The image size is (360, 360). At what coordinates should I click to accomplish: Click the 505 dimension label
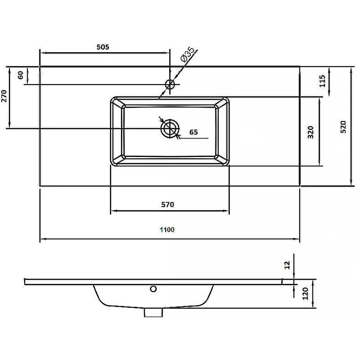pos(103,47)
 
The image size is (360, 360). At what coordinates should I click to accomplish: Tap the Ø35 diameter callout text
pos(187,54)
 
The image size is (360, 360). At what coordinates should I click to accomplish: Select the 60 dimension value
pos(21,75)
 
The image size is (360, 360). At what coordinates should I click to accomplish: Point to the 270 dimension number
pos(4,96)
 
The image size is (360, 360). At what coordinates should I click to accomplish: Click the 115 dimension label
pos(323,81)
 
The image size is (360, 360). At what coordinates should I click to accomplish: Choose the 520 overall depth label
pos(343,127)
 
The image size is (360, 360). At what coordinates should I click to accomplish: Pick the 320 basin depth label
pos(310,132)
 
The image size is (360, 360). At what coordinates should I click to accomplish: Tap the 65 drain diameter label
pos(193,132)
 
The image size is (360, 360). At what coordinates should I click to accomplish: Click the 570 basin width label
pos(167,204)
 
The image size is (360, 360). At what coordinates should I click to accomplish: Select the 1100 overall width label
pos(167,229)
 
